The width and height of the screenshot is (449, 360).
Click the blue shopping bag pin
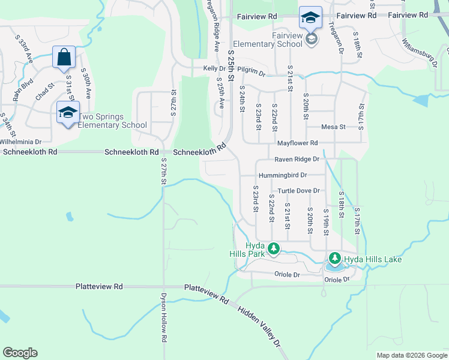(64, 58)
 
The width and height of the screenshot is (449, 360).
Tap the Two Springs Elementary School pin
(68, 112)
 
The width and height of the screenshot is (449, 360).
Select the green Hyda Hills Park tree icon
(274, 248)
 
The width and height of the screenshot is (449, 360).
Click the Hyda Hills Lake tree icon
(334, 259)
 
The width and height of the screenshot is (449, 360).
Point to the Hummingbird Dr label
(283, 176)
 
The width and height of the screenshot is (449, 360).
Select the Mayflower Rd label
(297, 143)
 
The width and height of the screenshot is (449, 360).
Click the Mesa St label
(334, 127)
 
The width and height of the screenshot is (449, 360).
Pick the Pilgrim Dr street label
(251, 72)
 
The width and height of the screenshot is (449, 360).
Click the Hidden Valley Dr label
(259, 326)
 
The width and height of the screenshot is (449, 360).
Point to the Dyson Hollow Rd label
(163, 317)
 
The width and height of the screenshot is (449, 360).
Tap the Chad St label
(45, 92)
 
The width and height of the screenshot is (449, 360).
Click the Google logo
(20, 353)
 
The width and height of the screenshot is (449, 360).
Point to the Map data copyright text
(411, 355)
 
